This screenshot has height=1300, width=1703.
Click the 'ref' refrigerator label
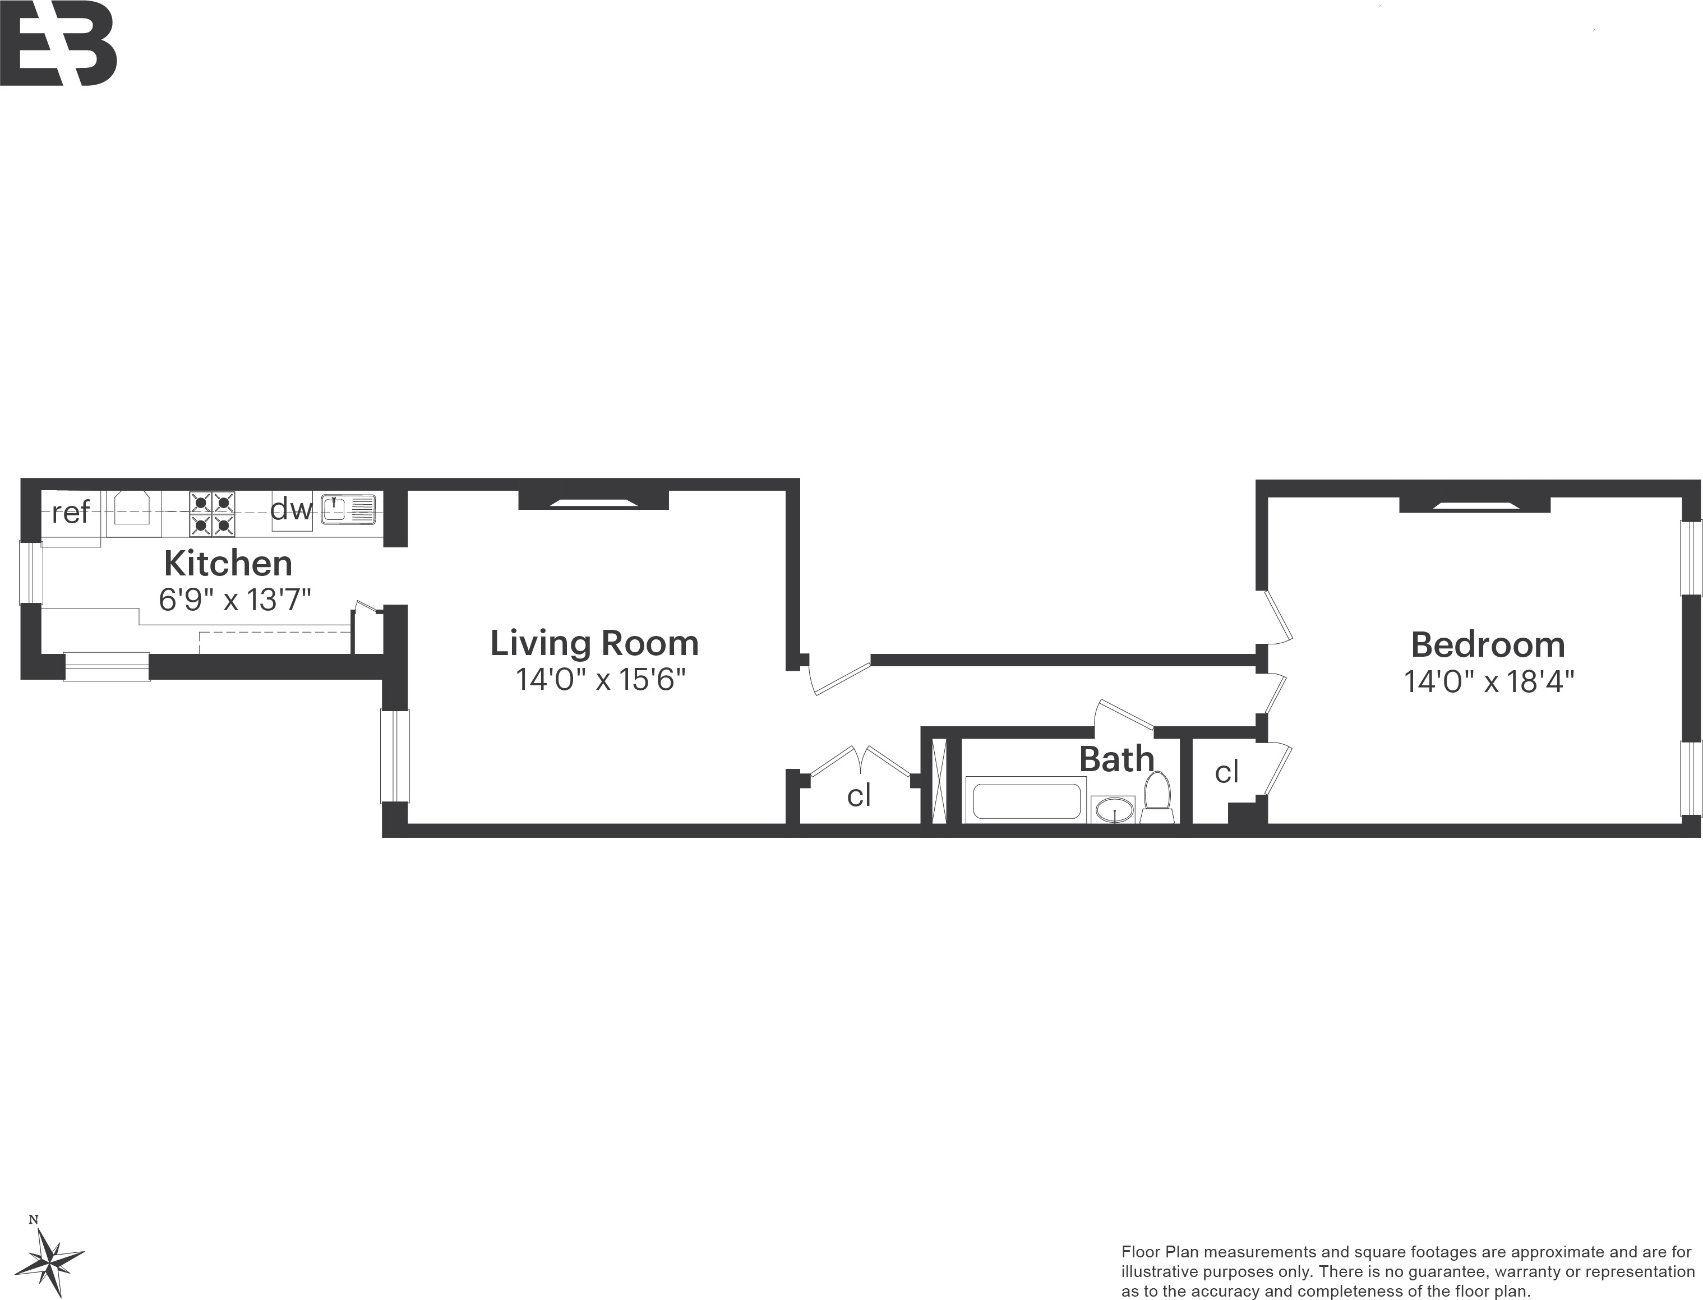tap(71, 512)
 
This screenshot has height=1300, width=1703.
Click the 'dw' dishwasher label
tap(291, 509)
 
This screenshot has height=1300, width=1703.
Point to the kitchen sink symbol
tap(348, 510)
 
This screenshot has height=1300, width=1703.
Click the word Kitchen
tap(228, 563)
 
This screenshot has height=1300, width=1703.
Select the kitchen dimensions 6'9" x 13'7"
tap(234, 600)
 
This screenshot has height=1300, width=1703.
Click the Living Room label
tap(594, 643)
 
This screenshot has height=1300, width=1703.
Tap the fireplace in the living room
tap(593, 501)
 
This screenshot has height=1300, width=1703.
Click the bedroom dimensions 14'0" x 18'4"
tap(1489, 682)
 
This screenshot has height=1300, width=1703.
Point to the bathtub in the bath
tap(1027, 801)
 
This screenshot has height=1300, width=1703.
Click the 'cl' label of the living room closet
tap(859, 795)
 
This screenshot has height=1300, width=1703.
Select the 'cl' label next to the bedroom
tap(1226, 772)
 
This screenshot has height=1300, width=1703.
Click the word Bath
tap(1116, 759)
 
